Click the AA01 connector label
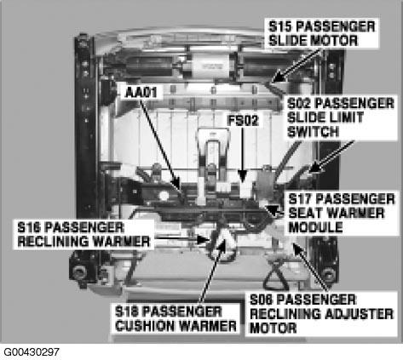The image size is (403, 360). coord(141,93)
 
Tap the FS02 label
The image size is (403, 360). coord(243,120)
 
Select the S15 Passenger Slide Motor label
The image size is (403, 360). coord(322,34)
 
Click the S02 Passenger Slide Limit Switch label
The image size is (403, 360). coord(341,117)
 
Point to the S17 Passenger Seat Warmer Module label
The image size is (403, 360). coord(342,213)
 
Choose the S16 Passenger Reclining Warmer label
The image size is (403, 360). coord(83,235)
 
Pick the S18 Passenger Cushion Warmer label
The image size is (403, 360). coord(176,319)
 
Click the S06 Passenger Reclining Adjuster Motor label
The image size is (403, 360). coord(321,314)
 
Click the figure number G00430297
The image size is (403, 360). coord(32,352)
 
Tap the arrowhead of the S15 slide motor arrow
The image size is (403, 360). coord(277,77)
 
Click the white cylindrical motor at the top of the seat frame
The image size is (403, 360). coord(211,66)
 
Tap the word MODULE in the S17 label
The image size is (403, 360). coord(315,227)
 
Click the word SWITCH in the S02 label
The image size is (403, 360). coord(313,132)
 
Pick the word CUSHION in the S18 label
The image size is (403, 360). coord(146,326)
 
